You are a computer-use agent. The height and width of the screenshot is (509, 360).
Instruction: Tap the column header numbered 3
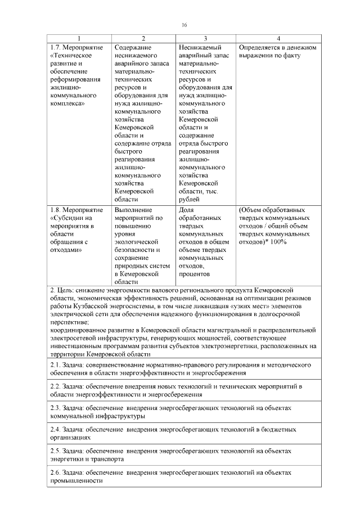click(x=205, y=38)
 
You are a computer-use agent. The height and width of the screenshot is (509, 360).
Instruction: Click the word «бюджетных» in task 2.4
click(x=279, y=429)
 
